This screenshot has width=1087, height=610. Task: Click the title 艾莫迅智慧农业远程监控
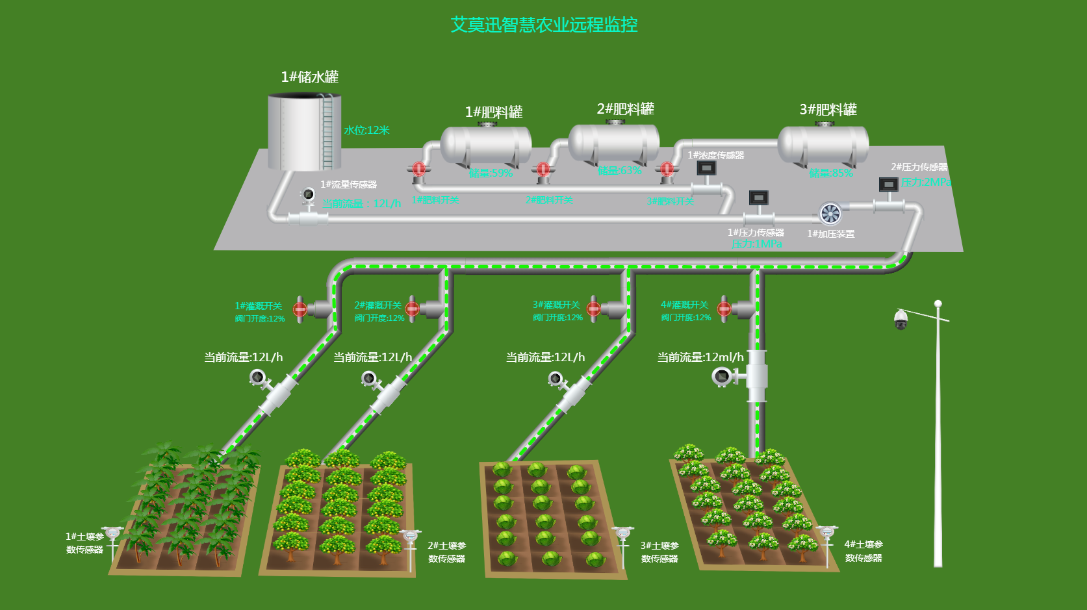pyautogui.click(x=544, y=25)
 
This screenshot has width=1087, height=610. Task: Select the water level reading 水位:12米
pyautogui.click(x=366, y=130)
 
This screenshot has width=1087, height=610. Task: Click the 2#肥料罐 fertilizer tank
pyautogui.click(x=614, y=143)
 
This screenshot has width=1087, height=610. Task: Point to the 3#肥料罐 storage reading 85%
pyautogui.click(x=831, y=173)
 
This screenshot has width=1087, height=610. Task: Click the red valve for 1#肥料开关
pyautogui.click(x=419, y=170)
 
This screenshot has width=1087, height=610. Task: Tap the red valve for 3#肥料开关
pyautogui.click(x=667, y=170)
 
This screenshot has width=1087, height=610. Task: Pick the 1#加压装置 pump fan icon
pyautogui.click(x=830, y=213)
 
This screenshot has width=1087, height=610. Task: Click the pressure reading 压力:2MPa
pyautogui.click(x=926, y=182)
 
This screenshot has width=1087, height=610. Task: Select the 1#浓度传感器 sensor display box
pyautogui.click(x=706, y=168)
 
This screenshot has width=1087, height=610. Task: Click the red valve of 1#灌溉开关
pyautogui.click(x=300, y=309)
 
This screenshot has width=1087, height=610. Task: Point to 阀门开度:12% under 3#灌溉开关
pyautogui.click(x=557, y=318)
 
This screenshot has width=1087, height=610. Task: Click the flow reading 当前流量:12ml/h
pyautogui.click(x=700, y=357)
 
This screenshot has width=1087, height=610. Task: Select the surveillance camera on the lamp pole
pyautogui.click(x=901, y=319)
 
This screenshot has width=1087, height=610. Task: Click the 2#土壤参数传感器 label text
pyautogui.click(x=447, y=552)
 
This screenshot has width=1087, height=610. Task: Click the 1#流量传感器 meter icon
pyautogui.click(x=309, y=195)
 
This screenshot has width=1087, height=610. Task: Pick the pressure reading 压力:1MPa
pyautogui.click(x=756, y=244)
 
